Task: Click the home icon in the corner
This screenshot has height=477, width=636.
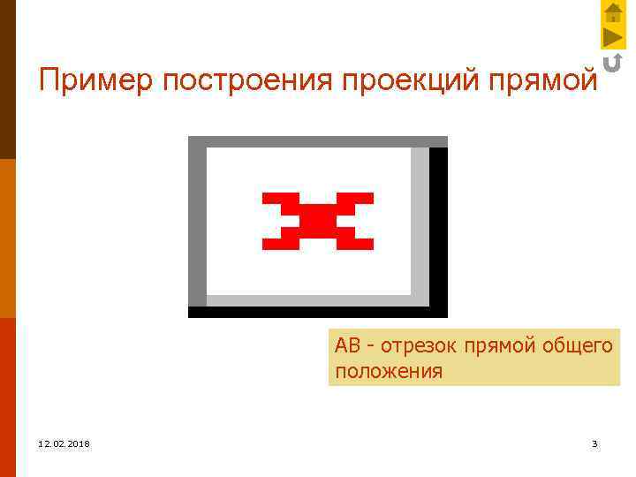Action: pyautogui.click(x=613, y=12)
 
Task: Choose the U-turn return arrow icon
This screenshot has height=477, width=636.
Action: pyautogui.click(x=612, y=62)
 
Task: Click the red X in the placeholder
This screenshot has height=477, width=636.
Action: pyautogui.click(x=318, y=221)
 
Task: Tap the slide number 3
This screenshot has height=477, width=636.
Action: pyautogui.click(x=594, y=443)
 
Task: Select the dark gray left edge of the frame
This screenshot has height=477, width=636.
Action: pyautogui.click(x=197, y=225)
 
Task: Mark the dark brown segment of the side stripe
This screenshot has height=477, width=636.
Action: pyautogui.click(x=7, y=79)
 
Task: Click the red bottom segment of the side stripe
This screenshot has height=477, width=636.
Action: pyautogui.click(x=7, y=397)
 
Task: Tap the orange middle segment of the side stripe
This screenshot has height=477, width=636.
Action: pyautogui.click(x=7, y=238)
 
